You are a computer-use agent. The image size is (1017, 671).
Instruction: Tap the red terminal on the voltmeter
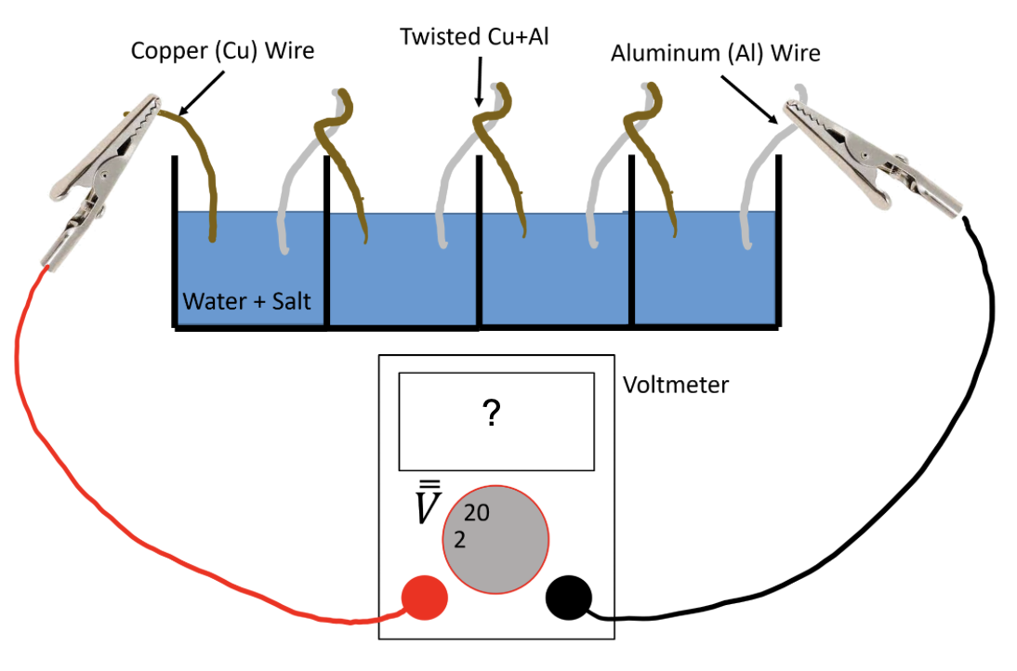click(x=424, y=596)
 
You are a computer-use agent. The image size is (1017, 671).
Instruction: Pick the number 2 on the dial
click(x=459, y=539)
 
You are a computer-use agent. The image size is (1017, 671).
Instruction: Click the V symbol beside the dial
click(x=426, y=507)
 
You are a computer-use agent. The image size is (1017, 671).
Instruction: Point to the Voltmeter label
click(x=676, y=384)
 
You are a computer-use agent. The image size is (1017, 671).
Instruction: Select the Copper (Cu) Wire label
click(x=222, y=51)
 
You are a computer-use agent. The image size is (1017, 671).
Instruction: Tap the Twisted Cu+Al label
click(x=471, y=37)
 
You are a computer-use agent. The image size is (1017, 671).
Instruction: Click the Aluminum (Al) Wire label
click(x=715, y=53)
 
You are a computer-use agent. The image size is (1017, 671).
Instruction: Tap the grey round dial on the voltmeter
click(x=495, y=539)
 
